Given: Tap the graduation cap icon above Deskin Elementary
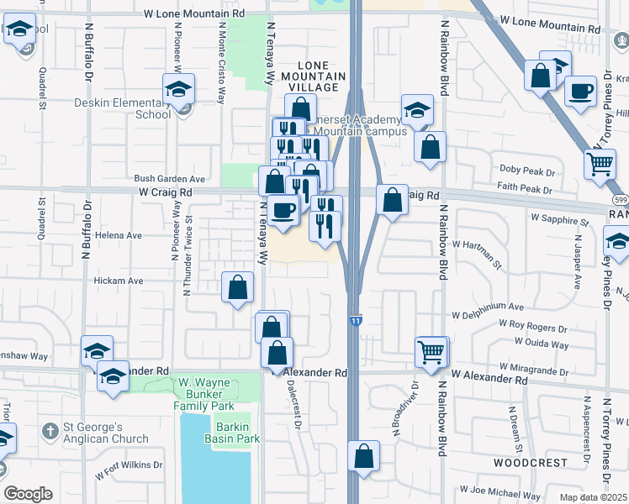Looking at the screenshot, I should [178, 89].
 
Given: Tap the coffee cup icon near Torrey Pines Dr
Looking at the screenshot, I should [579, 91].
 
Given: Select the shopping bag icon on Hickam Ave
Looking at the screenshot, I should [238, 286].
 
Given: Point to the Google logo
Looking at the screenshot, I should [28, 494].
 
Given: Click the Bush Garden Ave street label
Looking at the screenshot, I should [170, 179].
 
